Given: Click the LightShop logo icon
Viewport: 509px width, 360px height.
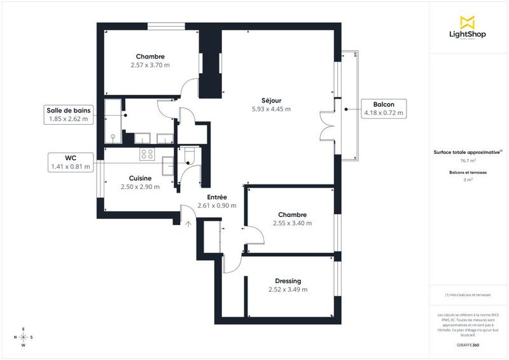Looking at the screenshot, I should point(468,22).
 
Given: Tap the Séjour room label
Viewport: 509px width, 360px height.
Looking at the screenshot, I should point(271,100).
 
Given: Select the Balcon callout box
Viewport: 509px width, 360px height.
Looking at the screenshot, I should point(384,108).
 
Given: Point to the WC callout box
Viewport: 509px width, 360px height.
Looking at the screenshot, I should point(71,162).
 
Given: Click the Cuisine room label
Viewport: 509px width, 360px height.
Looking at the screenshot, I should point(140,178).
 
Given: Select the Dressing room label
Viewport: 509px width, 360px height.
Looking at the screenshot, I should point(288,281).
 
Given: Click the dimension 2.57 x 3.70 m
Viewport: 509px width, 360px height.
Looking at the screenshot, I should point(150,65).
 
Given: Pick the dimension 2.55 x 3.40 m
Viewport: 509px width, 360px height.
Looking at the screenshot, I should point(292,223).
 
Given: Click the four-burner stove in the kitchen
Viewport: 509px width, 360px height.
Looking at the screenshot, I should point(147,153).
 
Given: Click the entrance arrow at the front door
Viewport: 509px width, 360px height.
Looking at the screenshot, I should point(188,223).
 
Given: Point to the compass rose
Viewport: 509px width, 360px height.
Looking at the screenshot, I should point(24,337).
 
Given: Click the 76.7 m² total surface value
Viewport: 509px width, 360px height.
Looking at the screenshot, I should point(468,161).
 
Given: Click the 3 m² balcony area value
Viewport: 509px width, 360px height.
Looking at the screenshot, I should point(468,180).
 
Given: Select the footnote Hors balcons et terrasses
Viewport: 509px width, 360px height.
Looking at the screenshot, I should point(468,295).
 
